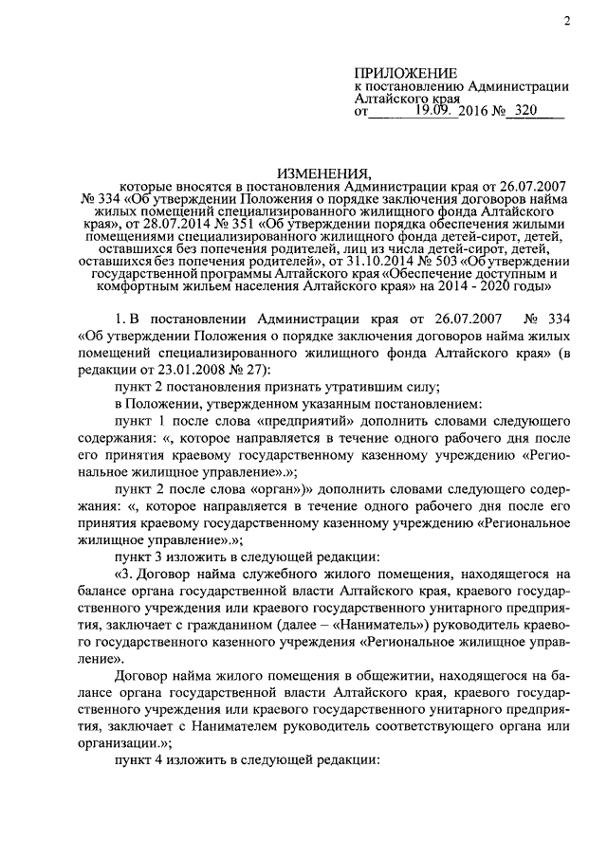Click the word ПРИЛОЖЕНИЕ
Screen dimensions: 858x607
405,73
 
